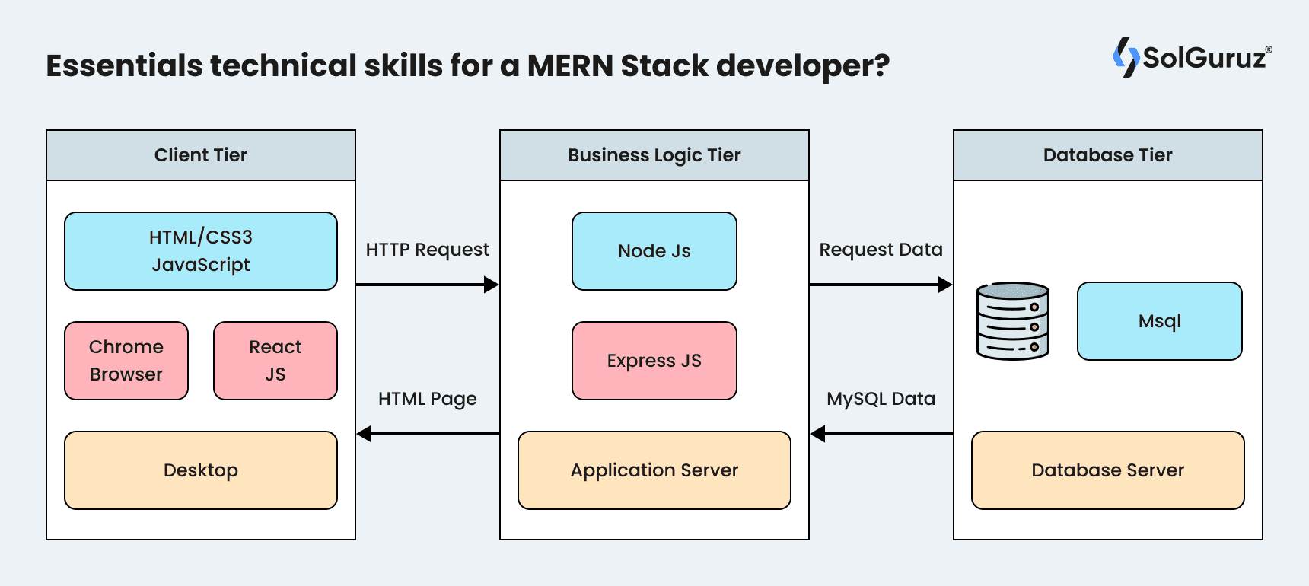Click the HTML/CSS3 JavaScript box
[201, 251]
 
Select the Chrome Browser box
[126, 361]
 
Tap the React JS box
[275, 361]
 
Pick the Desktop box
[201, 470]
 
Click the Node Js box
[654, 251]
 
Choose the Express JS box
[654, 361]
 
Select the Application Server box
[654, 470]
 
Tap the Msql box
[1160, 321]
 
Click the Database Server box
[1108, 470]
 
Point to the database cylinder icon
[1013, 321]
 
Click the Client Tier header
[201, 155]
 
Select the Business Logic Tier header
[654, 155]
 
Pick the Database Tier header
[1108, 155]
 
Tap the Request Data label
[881, 250]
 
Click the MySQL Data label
[881, 399]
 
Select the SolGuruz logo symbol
[1126, 57]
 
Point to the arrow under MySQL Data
[881, 434]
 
